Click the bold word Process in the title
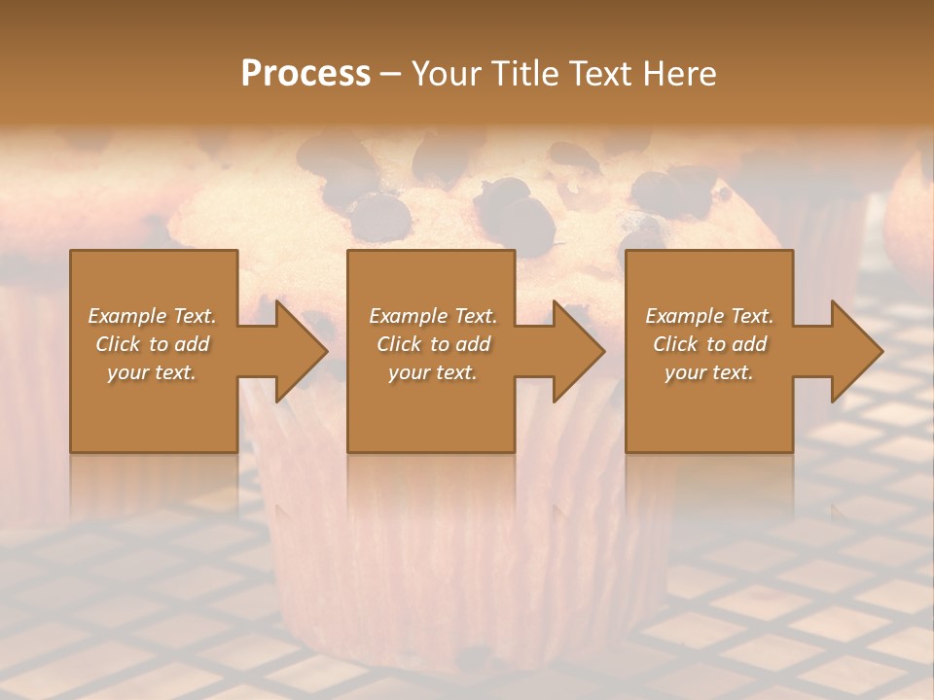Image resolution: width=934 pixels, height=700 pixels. click(305, 74)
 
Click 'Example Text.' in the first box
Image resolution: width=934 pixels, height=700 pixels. click(152, 316)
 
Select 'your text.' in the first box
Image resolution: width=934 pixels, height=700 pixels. click(152, 372)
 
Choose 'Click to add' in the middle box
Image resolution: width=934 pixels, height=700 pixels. click(433, 344)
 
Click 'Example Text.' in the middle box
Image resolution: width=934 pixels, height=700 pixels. click(433, 316)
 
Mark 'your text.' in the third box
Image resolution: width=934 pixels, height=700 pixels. click(709, 372)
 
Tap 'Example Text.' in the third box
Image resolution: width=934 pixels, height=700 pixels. click(709, 316)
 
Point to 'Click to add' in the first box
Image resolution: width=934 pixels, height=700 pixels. click(152, 344)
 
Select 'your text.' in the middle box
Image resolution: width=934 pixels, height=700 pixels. click(433, 372)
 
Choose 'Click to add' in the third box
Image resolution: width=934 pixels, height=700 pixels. click(709, 344)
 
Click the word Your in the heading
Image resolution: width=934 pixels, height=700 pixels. click(444, 74)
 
